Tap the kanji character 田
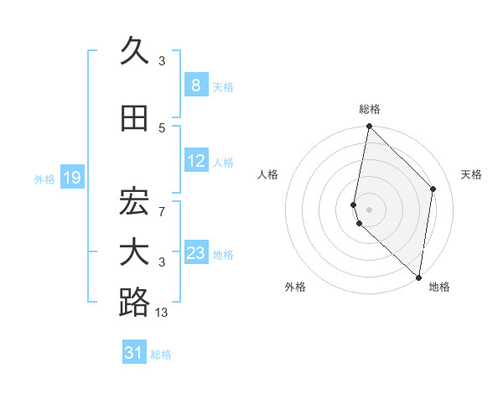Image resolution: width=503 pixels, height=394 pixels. click(x=134, y=118)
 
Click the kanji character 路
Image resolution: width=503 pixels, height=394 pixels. click(x=134, y=303)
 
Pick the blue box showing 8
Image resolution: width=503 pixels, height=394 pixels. click(x=195, y=86)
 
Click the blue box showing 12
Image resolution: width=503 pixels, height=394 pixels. click(x=196, y=162)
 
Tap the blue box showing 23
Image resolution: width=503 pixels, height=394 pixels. click(x=196, y=253)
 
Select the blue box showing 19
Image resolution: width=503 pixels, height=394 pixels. click(x=72, y=178)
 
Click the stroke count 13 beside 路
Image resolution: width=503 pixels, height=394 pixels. click(x=162, y=313)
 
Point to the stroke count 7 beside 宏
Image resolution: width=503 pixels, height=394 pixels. click(x=162, y=212)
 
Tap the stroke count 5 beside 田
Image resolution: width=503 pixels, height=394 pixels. click(x=162, y=128)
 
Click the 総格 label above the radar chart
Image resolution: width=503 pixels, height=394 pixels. click(x=370, y=109)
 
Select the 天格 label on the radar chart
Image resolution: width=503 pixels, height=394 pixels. click(x=471, y=174)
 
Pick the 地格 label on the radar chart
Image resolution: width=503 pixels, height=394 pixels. click(x=439, y=287)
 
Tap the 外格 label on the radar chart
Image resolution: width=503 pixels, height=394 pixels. click(x=295, y=287)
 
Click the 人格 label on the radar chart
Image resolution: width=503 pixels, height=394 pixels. click(x=267, y=174)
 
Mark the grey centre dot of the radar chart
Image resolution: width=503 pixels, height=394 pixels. click(x=370, y=208)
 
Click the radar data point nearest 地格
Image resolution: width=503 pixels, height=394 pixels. click(x=419, y=277)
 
